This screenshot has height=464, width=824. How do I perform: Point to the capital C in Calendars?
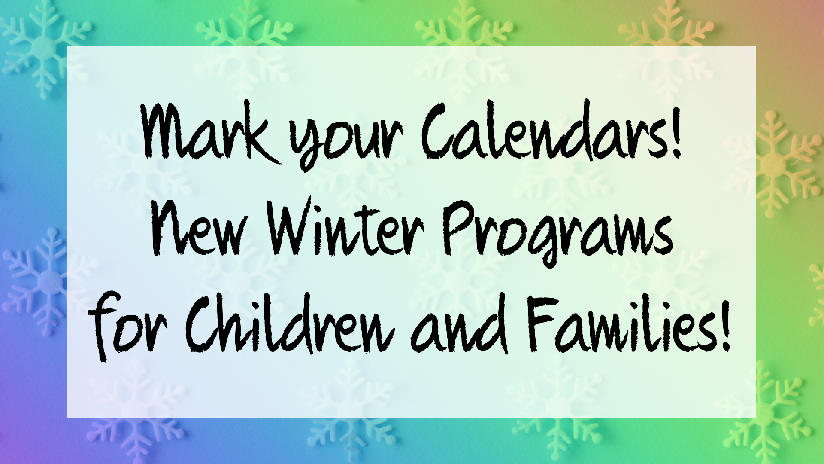[x=445, y=133]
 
